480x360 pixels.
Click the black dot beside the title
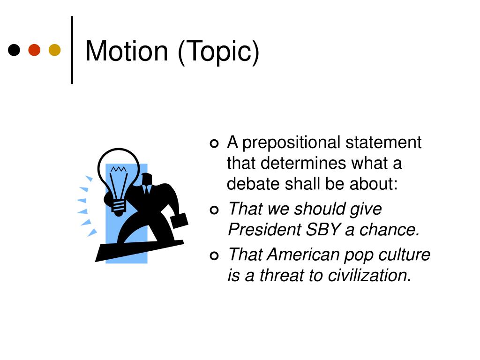point(15,50)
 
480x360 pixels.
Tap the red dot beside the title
point(35,50)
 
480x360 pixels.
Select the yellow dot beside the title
point(55,50)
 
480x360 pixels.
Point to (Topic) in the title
point(218,52)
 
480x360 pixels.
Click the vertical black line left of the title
point(72,50)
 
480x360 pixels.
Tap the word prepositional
point(292,143)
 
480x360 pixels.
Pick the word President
point(264,230)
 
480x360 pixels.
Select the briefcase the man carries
point(179,220)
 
